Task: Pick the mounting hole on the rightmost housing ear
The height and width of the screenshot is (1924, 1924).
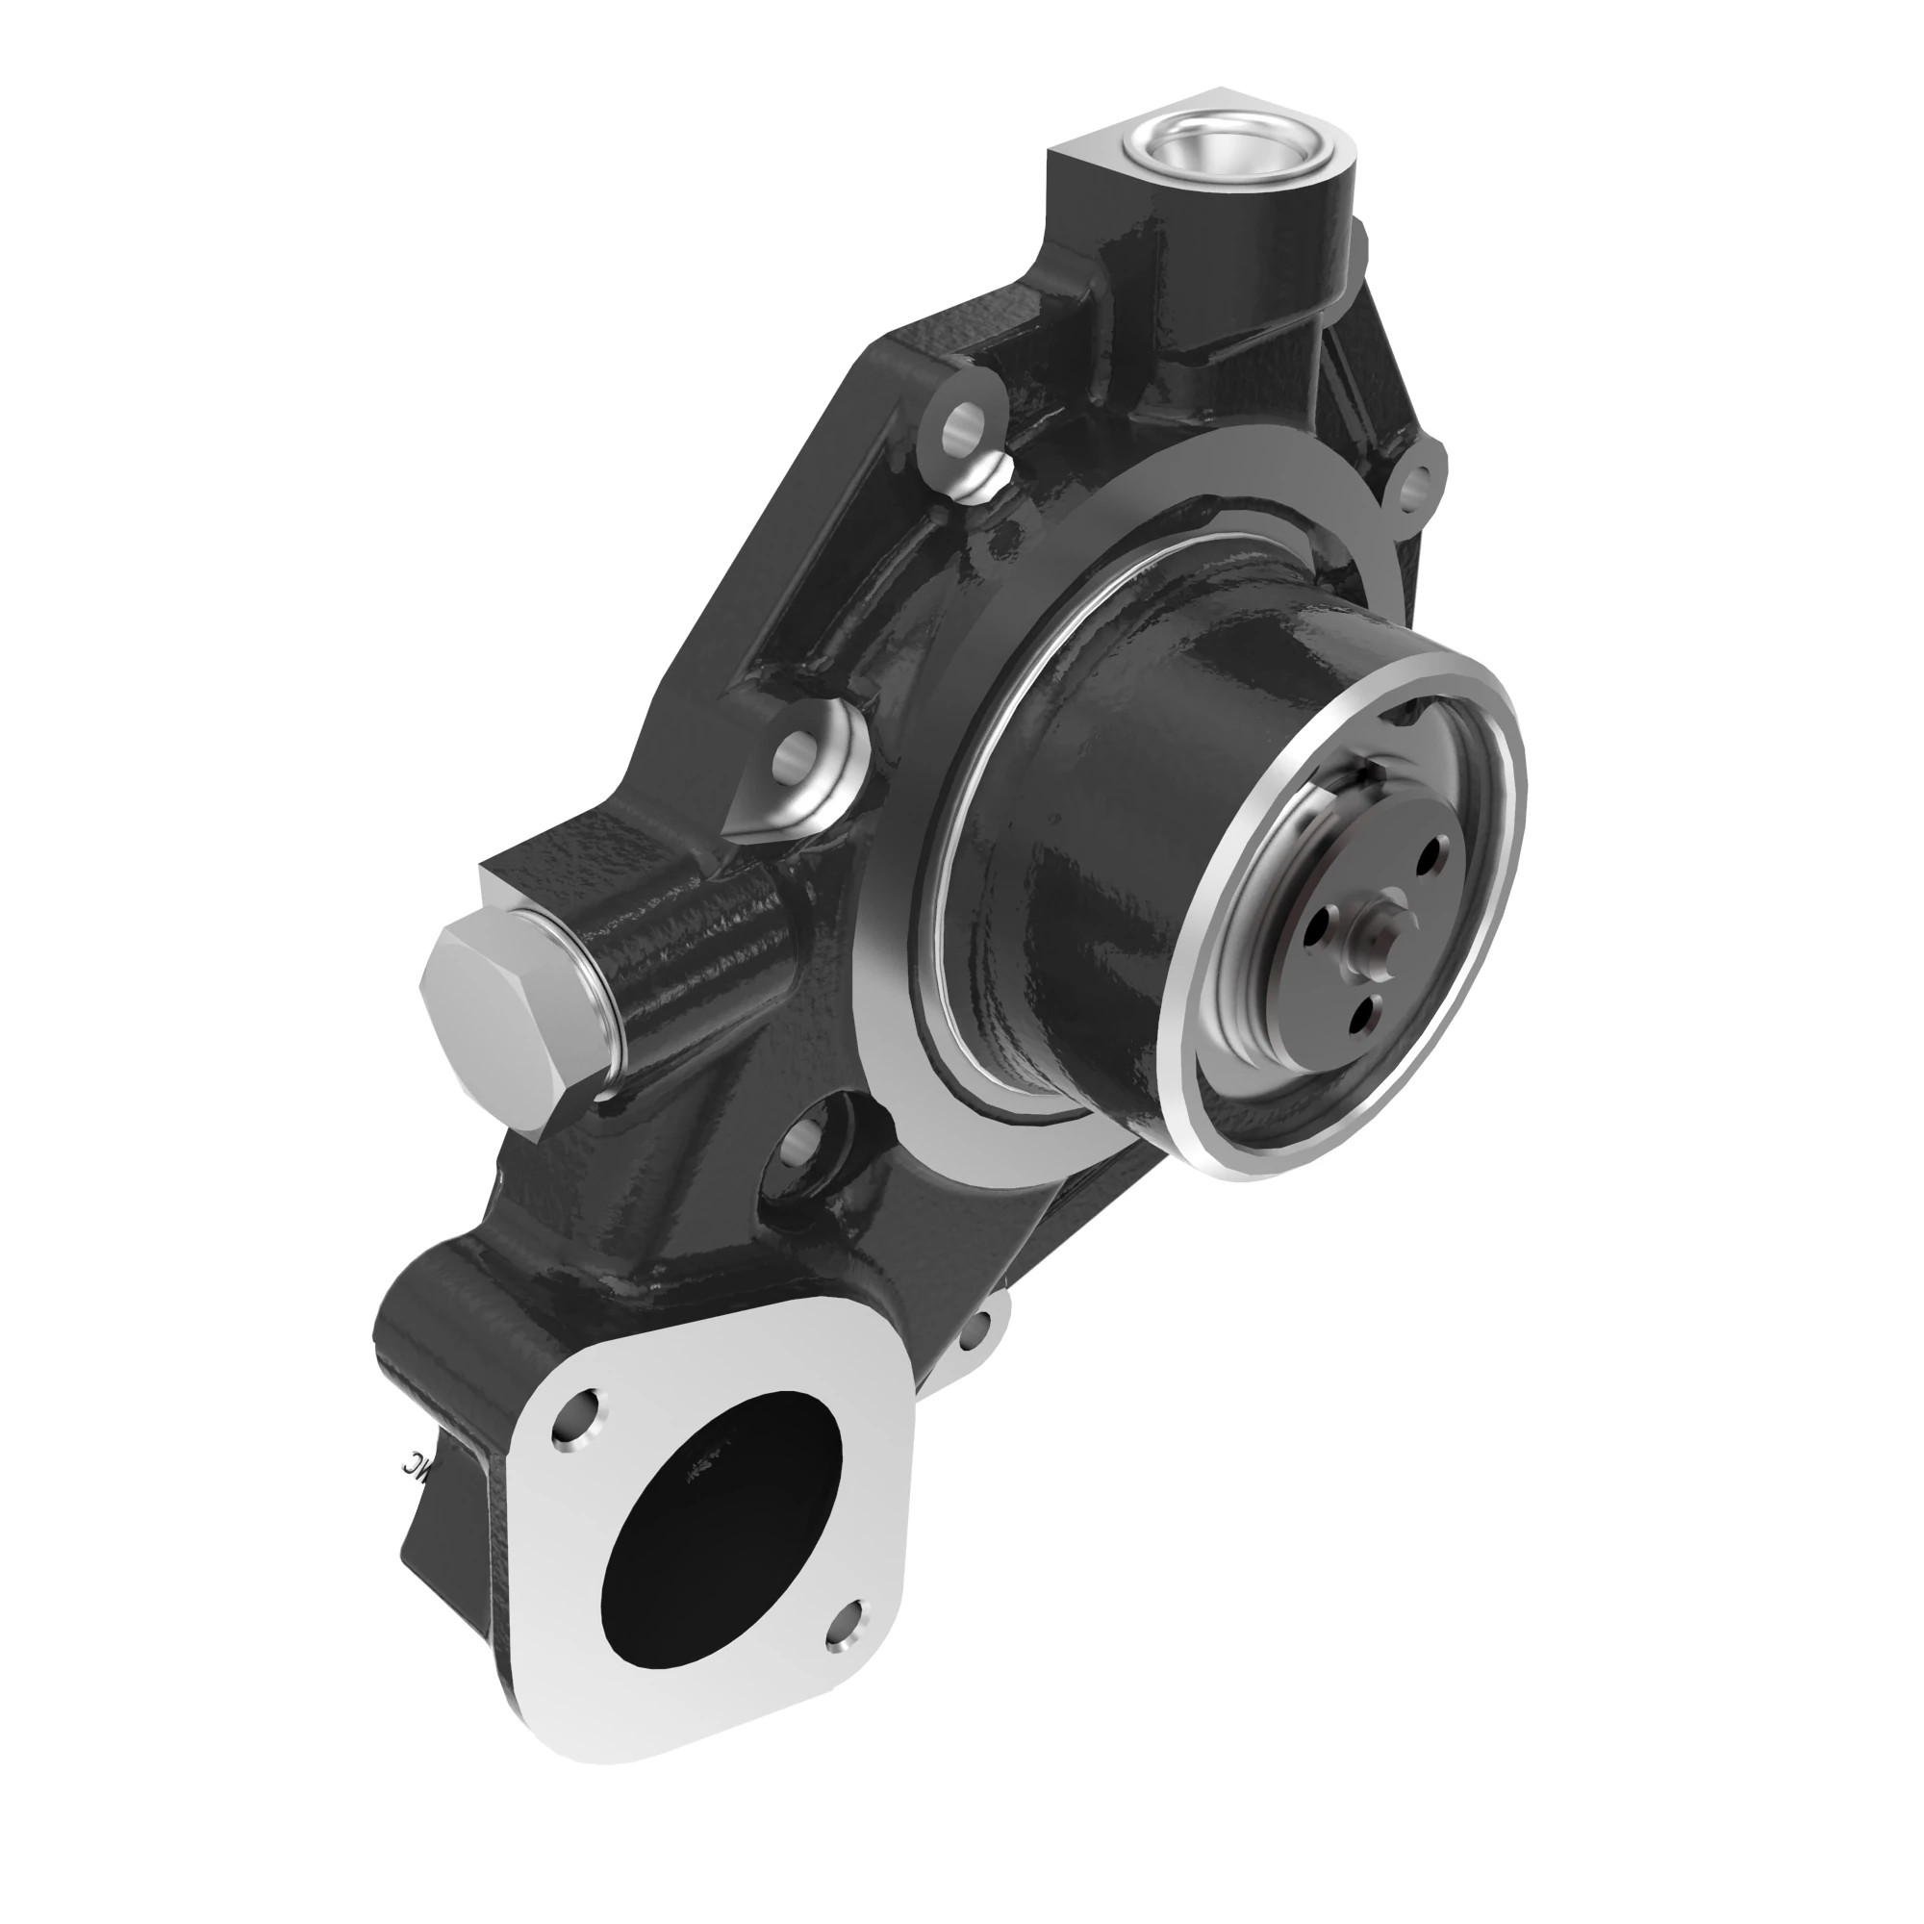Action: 1415,486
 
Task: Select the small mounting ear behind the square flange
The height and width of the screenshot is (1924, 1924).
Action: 980,1325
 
